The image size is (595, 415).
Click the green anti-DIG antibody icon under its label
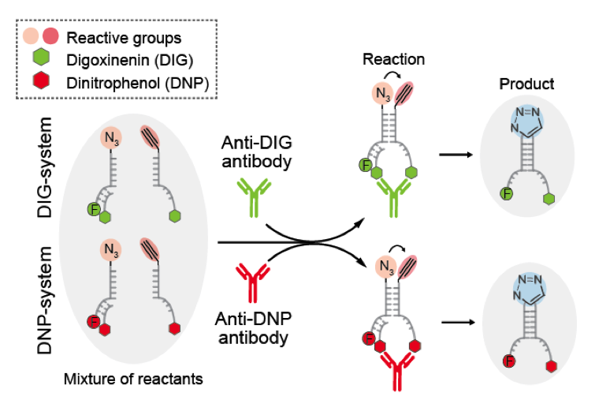pyautogui.click(x=253, y=197)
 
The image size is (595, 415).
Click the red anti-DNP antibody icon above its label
pyautogui.click(x=253, y=283)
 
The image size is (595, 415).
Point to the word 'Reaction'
pyautogui.click(x=393, y=59)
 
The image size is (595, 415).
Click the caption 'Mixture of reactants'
pyautogui.click(x=132, y=379)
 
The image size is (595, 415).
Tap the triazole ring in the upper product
pyautogui.click(x=527, y=123)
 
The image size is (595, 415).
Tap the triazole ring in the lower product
pyautogui.click(x=527, y=293)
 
